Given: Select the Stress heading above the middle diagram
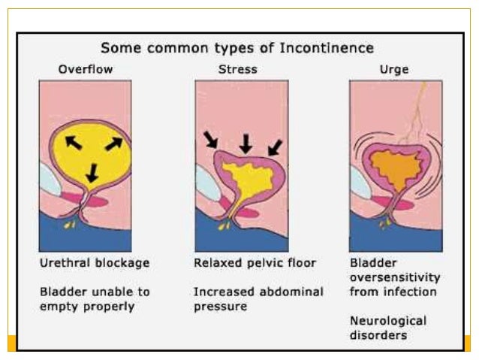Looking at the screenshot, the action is (239, 70).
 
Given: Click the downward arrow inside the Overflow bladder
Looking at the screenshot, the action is (92, 173).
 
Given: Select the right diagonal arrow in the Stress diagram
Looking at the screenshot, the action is (276, 146).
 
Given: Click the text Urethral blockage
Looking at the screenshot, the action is (95, 264).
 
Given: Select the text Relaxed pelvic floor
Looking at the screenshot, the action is (255, 264).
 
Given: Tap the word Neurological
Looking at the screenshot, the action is (388, 320).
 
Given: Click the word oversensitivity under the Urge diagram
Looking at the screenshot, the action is (394, 277).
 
